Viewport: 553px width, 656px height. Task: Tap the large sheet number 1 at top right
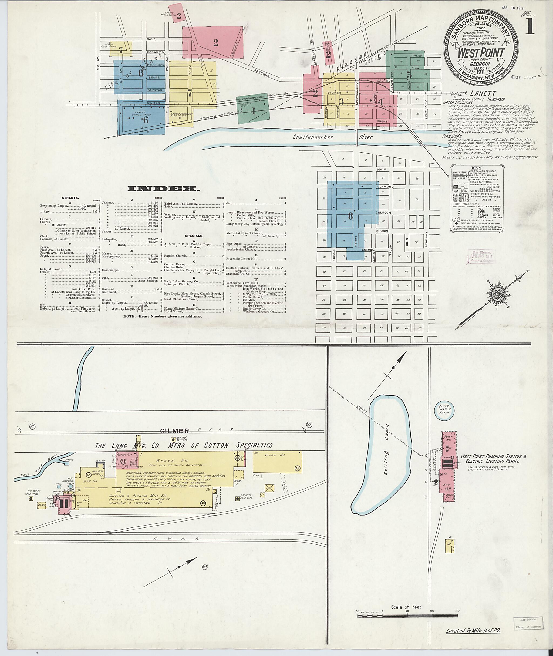tap(530, 27)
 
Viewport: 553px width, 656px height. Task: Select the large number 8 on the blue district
tap(350, 216)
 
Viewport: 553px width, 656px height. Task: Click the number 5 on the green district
tap(409, 75)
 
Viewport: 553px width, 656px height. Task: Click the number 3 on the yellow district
tap(341, 101)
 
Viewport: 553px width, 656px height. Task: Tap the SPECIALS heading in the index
tap(194, 236)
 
